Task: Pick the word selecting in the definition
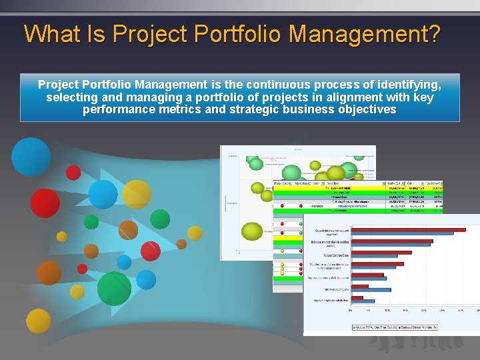[73, 97]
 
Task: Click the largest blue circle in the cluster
[31, 157]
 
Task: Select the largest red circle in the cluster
[45, 203]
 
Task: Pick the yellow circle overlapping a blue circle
[136, 193]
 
